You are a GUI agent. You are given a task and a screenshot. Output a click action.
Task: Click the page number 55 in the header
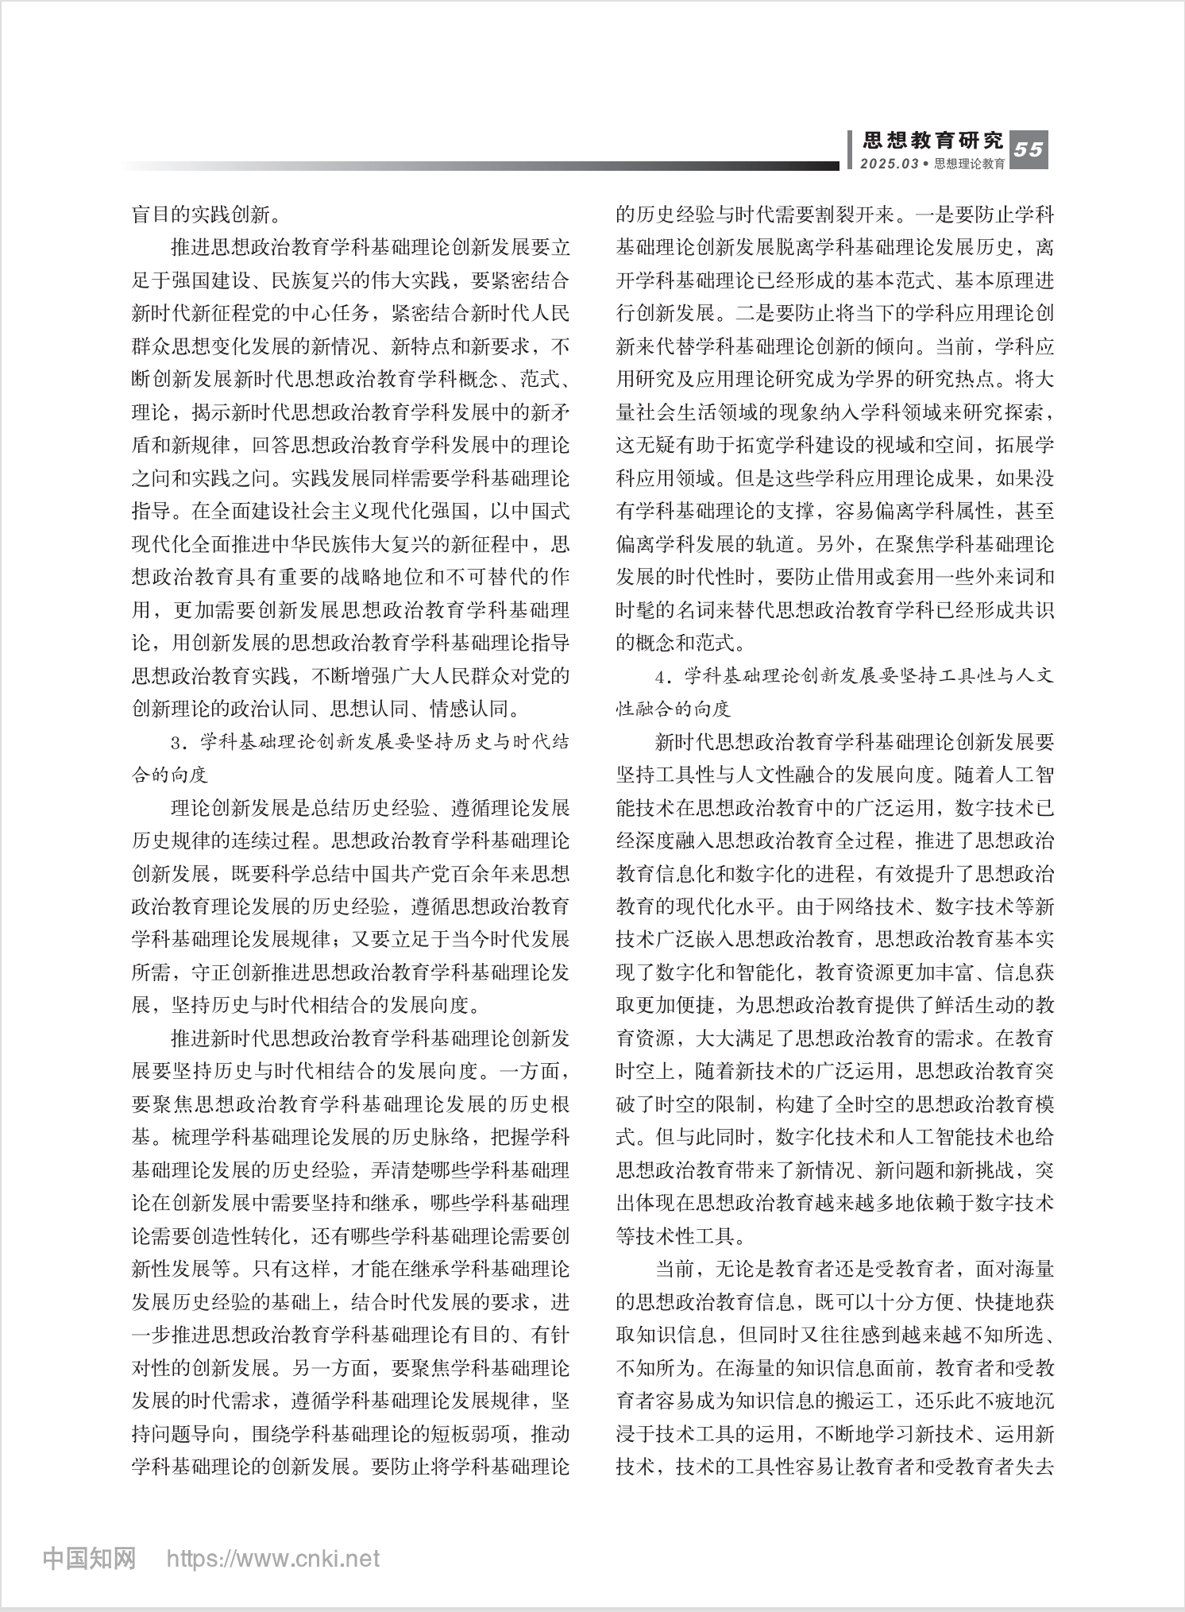pos(1029,149)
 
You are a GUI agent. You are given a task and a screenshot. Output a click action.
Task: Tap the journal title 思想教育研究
pos(933,141)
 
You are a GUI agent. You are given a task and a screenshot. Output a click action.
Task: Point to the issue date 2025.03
pos(888,164)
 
